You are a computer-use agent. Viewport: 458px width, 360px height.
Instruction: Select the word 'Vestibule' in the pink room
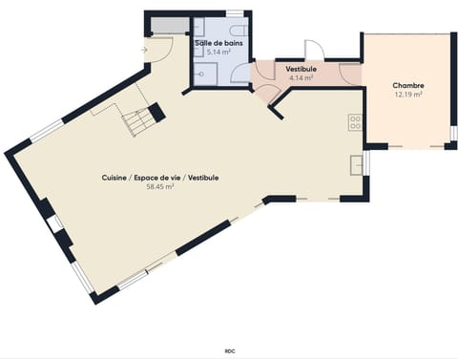[302, 69]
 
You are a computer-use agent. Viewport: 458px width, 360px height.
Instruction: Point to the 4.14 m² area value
[302, 78]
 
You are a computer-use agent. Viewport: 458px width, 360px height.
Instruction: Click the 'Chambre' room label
[408, 85]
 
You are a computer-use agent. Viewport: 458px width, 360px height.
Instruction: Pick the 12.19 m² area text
[408, 95]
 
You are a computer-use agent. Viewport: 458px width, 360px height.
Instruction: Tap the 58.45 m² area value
[159, 187]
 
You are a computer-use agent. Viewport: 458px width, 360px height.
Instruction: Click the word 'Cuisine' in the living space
[118, 178]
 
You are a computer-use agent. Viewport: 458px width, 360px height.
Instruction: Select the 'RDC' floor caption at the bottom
[230, 351]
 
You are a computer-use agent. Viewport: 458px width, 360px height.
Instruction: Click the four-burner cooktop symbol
[355, 122]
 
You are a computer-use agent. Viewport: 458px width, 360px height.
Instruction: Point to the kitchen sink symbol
[356, 163]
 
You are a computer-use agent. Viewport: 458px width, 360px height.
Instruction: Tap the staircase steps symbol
[138, 121]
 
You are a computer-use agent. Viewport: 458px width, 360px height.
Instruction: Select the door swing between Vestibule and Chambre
[352, 72]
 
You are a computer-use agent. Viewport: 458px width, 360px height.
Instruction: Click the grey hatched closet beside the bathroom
[164, 25]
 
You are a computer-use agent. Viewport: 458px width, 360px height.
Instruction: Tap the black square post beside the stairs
[156, 112]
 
